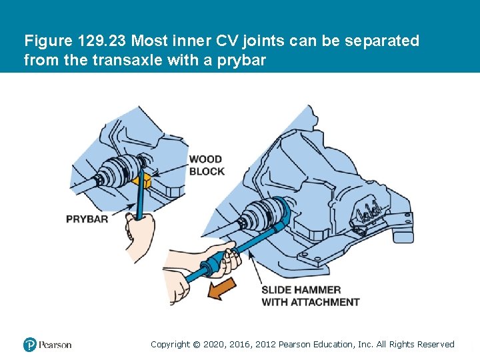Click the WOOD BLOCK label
pos(207,165)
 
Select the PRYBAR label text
pos(87,219)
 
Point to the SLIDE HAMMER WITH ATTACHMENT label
pos(310,296)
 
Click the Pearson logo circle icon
pos(29,345)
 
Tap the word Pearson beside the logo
pos(55,345)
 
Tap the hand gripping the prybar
pos(141,233)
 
